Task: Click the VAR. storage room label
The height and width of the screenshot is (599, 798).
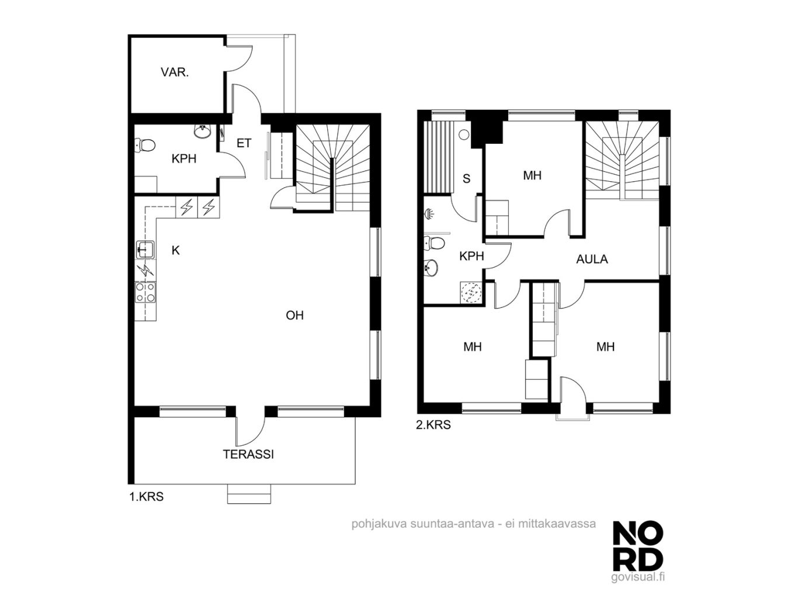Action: point(175,72)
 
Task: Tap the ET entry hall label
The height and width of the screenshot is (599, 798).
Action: point(244,143)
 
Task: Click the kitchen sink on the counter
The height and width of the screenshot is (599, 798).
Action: point(145,250)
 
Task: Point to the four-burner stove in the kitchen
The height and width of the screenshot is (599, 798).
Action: point(145,292)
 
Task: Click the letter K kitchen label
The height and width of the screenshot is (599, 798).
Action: point(176,250)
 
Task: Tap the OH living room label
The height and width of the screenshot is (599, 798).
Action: point(294,316)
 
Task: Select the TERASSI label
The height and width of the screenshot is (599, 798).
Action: point(248,454)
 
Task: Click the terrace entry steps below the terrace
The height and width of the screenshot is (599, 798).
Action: point(249,494)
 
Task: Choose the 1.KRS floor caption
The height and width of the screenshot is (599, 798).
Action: point(147,496)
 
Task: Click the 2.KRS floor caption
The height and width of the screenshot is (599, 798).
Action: point(433,425)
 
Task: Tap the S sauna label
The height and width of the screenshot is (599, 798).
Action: point(466,179)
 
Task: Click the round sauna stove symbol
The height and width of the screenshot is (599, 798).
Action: point(464,134)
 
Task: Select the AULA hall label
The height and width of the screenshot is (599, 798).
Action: point(592,259)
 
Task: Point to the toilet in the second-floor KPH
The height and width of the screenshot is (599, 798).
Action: point(434,243)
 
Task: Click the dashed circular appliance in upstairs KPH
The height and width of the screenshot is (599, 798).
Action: point(471,292)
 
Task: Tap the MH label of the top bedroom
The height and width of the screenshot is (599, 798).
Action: point(532,176)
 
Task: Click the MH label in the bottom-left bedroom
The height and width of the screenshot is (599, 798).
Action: point(473,347)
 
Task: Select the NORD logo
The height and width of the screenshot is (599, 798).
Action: point(638,551)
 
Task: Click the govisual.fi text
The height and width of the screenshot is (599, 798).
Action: point(638,587)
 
